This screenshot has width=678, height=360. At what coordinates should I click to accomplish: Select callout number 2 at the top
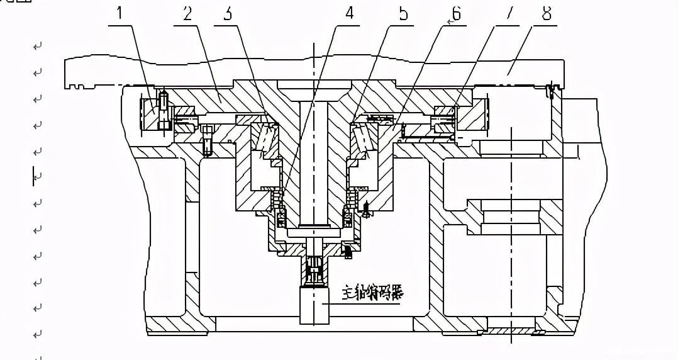pyautogui.click(x=187, y=14)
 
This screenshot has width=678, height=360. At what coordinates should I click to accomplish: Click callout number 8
pyautogui.click(x=547, y=14)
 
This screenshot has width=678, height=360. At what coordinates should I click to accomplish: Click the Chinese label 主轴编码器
pyautogui.click(x=372, y=293)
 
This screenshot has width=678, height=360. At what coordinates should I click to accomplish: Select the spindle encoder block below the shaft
pyautogui.click(x=315, y=305)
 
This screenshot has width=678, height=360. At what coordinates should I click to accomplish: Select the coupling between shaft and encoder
pyautogui.click(x=314, y=271)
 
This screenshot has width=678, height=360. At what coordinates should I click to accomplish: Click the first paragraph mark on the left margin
pyautogui.click(x=38, y=46)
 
